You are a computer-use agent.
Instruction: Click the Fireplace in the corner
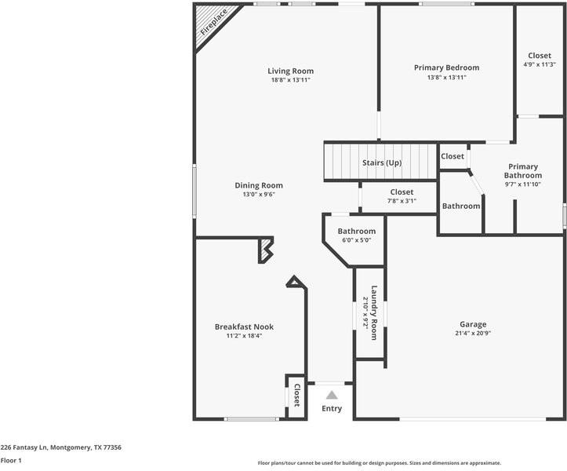[210, 24]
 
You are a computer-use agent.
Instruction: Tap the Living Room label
[291, 71]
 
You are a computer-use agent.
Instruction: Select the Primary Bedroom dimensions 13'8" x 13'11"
[446, 78]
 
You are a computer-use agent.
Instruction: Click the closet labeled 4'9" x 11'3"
[539, 60]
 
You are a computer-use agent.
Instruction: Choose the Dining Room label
[258, 185]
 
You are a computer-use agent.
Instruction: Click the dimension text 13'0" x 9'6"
[258, 195]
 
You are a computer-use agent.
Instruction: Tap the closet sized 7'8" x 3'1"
[401, 196]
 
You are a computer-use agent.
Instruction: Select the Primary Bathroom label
[522, 171]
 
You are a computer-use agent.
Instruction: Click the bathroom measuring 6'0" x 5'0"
[356, 235]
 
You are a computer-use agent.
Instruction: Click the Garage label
[473, 324]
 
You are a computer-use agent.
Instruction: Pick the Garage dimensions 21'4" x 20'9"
[473, 333]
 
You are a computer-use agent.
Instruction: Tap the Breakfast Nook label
[244, 327]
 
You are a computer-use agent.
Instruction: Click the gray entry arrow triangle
[332, 395]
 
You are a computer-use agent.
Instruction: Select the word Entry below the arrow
[332, 409]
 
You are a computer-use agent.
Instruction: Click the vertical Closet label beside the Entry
[296, 395]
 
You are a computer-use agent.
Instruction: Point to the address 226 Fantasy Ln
[60, 447]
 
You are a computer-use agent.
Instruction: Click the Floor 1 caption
[11, 461]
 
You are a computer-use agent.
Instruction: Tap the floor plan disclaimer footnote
[379, 463]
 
